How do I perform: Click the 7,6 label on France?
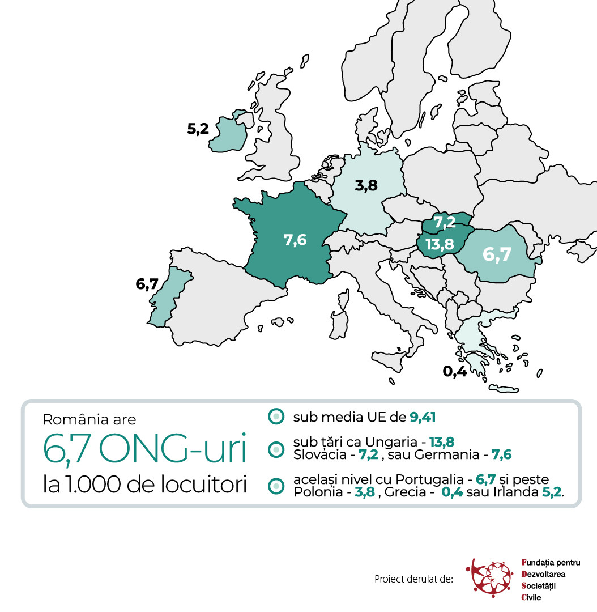pos(295,240)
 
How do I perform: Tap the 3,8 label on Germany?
pos(366,185)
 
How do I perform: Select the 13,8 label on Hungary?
pos(440,244)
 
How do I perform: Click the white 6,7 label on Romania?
pos(497,254)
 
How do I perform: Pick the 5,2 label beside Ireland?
pos(198,129)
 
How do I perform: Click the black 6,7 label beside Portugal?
pos(147,284)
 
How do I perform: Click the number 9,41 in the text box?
pos(422,418)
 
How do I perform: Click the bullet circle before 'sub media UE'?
pos(275,417)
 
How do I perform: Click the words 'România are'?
pos(89,420)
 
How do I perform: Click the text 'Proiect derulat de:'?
pos(413,579)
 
